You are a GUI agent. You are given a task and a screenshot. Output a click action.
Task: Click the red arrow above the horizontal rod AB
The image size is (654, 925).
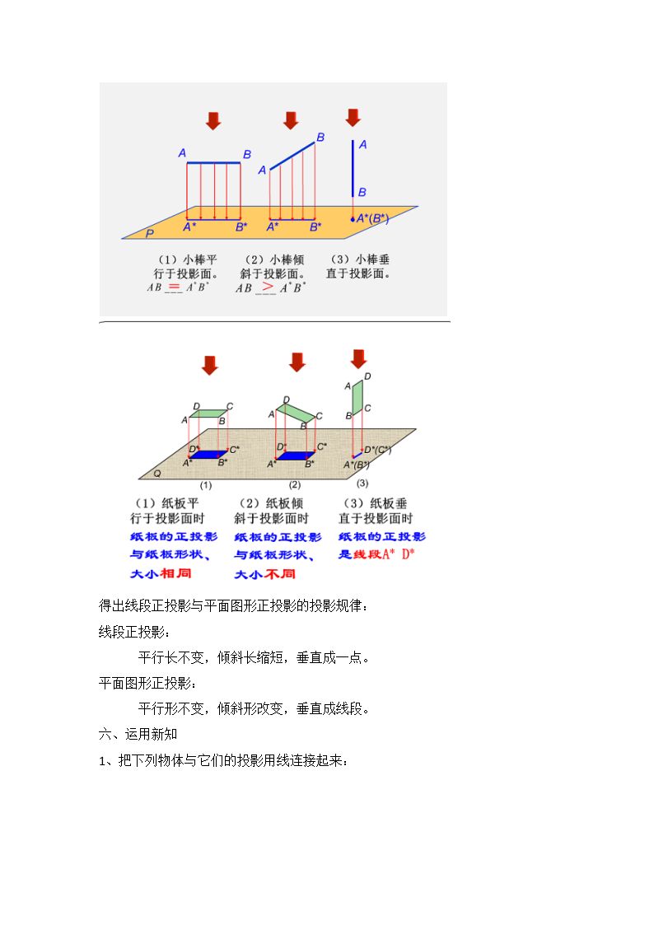213,121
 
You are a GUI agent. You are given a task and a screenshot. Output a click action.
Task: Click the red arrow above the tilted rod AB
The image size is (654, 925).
291,120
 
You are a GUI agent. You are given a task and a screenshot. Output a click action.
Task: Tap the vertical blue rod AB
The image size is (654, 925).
353,168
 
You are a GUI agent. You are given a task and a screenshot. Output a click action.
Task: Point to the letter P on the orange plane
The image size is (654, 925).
150,234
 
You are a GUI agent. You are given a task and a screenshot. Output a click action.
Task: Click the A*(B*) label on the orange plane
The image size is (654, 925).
372,218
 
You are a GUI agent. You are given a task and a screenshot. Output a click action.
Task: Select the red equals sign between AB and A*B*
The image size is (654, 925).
173,286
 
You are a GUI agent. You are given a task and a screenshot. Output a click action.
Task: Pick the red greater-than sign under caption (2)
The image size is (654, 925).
268,286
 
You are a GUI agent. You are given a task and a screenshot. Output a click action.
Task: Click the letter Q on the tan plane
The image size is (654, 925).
156,473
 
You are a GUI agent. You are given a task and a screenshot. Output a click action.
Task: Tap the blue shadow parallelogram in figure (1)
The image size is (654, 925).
208,455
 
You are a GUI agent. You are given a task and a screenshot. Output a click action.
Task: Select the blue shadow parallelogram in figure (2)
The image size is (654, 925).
296,456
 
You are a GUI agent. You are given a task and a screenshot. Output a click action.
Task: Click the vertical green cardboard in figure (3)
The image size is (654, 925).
357,397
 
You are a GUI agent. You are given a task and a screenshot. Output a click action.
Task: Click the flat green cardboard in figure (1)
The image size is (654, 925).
208,413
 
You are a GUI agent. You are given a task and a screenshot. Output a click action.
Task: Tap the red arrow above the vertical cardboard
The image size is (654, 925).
358,358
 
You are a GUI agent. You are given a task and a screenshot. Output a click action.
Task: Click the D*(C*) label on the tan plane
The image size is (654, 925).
377,450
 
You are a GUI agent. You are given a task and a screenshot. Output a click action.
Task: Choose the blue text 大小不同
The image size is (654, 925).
264,574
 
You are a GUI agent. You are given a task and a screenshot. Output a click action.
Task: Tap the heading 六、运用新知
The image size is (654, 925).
138,734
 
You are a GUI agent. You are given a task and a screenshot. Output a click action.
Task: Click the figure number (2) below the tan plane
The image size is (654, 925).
295,485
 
